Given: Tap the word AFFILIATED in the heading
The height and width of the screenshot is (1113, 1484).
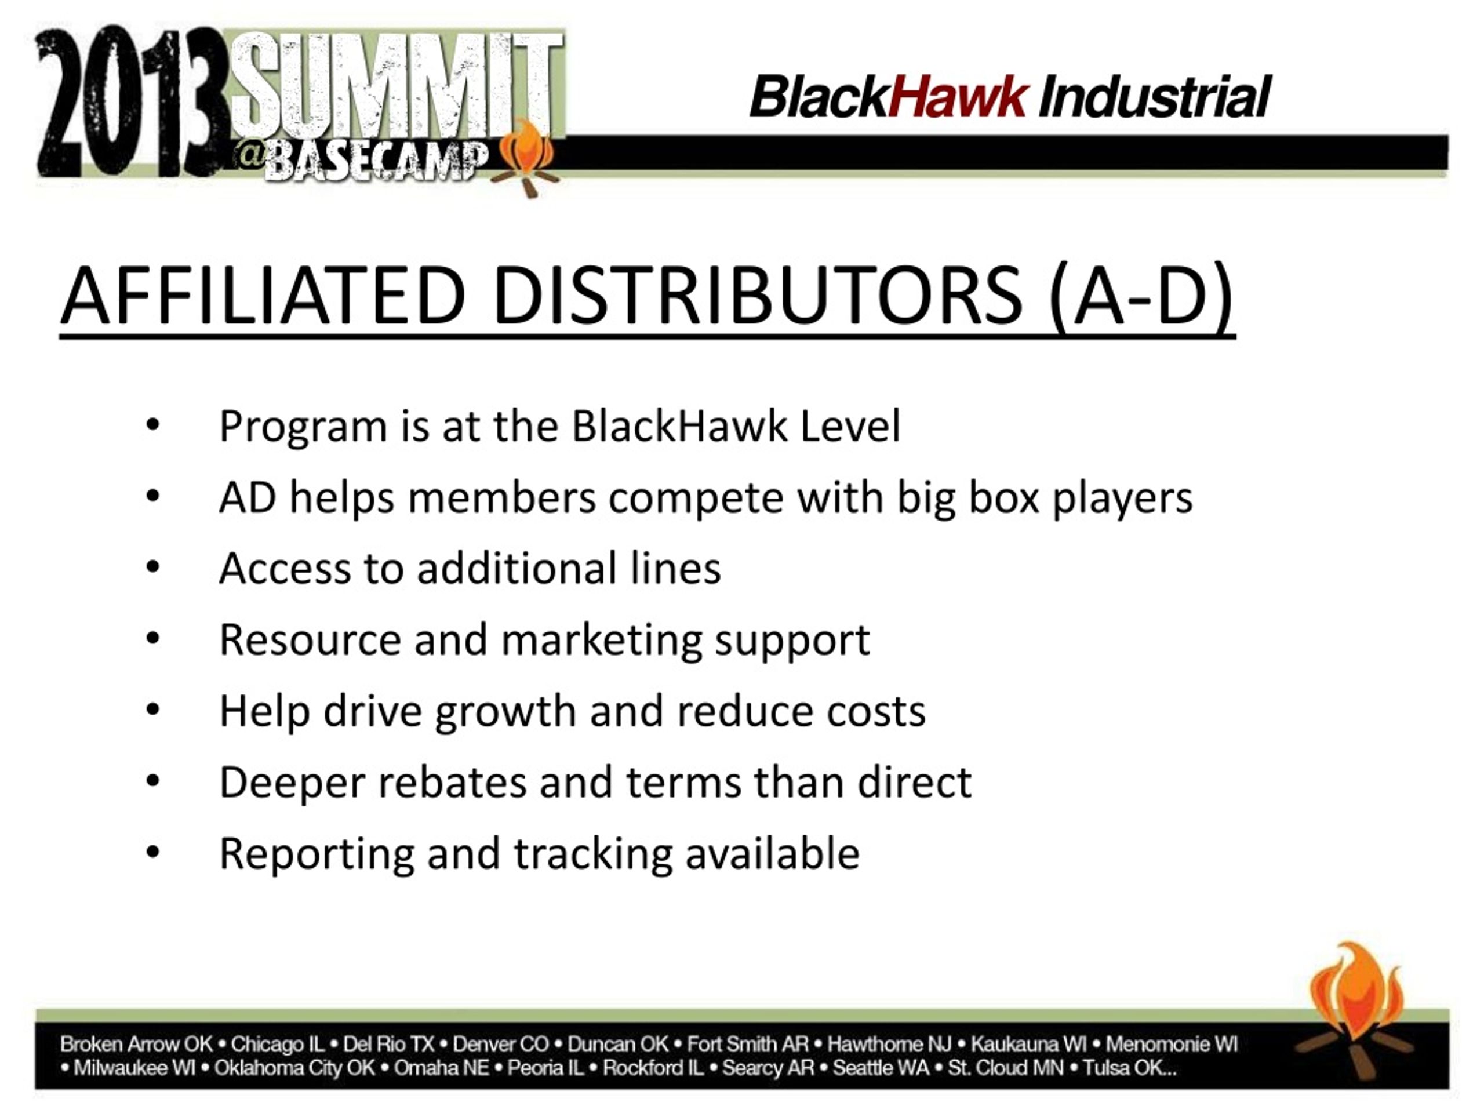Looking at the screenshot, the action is [x=263, y=295].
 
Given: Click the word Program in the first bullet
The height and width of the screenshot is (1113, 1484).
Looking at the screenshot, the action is [x=303, y=427].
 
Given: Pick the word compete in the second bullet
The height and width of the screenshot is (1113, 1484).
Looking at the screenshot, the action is [x=696, y=499].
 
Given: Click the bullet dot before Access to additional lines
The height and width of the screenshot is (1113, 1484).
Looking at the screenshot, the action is [x=153, y=567].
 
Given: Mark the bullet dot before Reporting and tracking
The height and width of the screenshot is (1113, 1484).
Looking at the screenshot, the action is [x=153, y=852].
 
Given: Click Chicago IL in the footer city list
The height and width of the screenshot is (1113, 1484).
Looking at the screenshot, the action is [x=277, y=1045].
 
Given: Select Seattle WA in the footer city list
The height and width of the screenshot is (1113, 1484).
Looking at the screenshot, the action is [x=881, y=1068].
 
